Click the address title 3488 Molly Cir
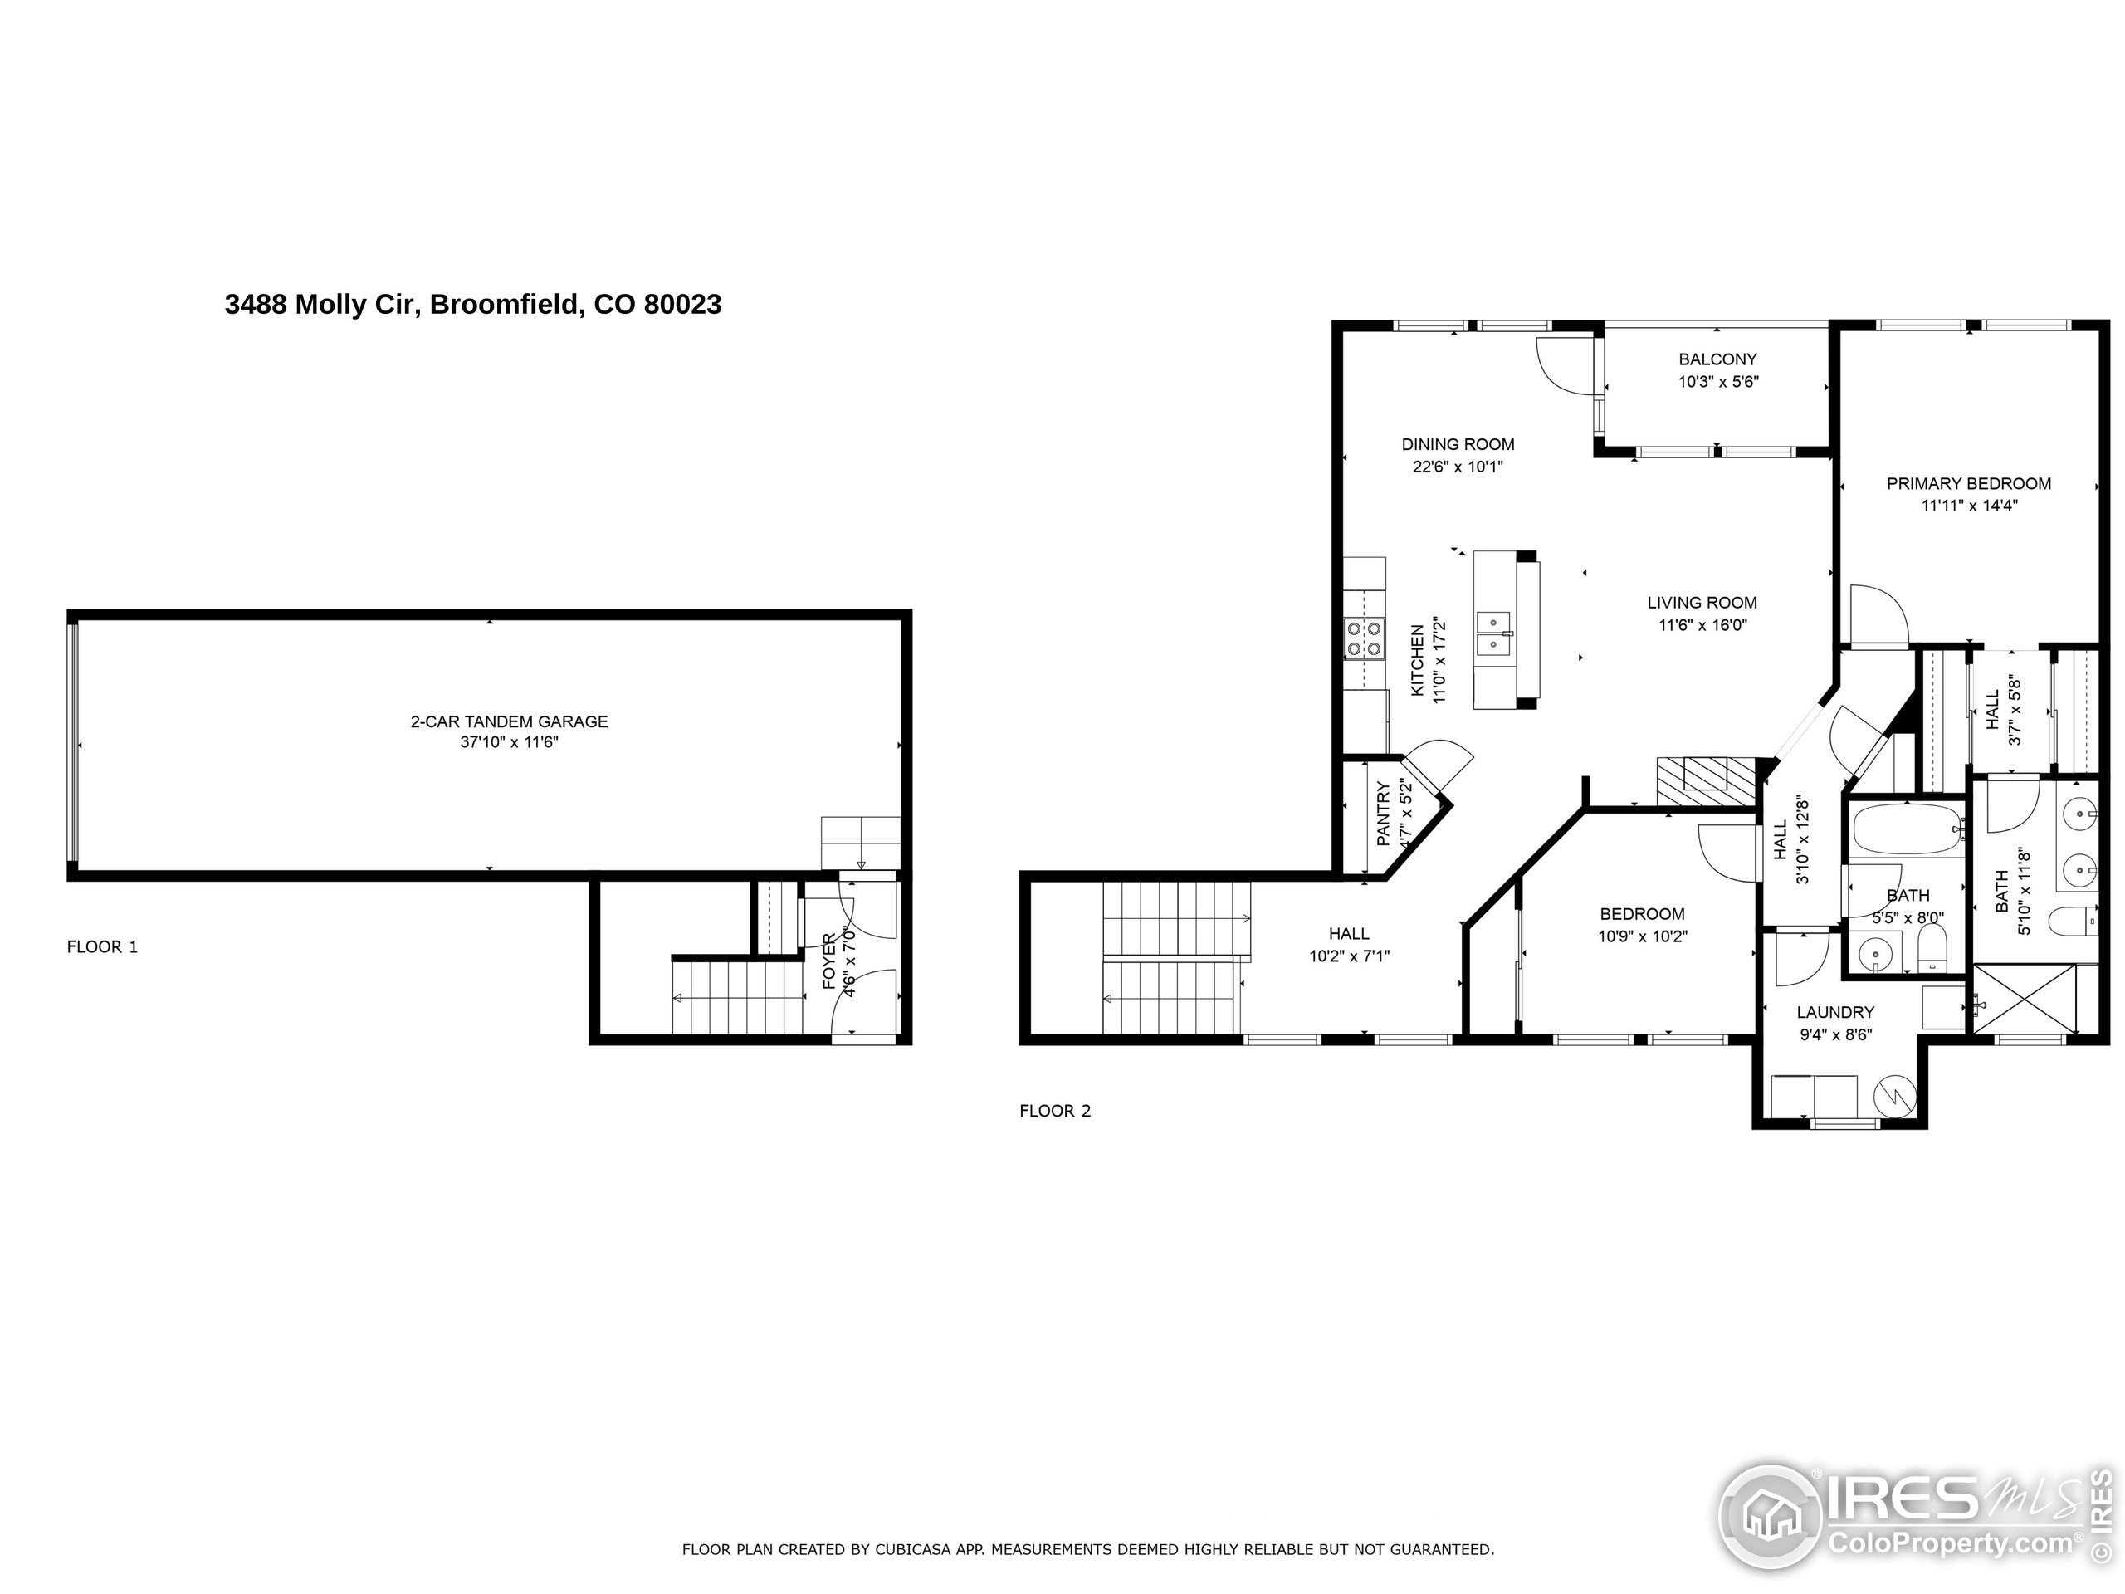(x=472, y=305)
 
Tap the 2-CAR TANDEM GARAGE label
(x=509, y=721)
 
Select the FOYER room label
(x=829, y=961)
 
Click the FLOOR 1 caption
(x=102, y=947)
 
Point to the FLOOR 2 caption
(x=1055, y=1112)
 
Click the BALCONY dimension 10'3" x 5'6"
(x=1717, y=381)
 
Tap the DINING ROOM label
(x=1458, y=445)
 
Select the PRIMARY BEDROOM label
(x=1968, y=484)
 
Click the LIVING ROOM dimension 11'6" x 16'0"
(x=1702, y=625)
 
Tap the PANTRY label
(x=1384, y=814)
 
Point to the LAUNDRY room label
(x=1834, y=1013)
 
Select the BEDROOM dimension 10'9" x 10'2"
(x=1642, y=936)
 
